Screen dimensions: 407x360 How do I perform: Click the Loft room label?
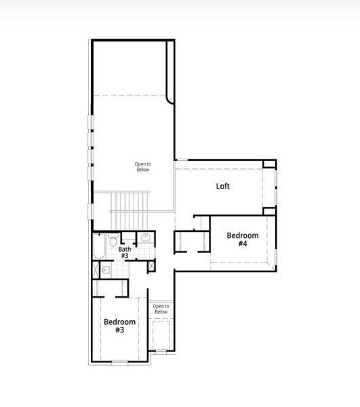tap(223, 186)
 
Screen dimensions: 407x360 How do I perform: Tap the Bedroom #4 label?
tap(243, 239)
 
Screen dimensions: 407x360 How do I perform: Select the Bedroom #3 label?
tap(119, 326)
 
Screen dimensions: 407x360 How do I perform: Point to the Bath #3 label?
tap(125, 252)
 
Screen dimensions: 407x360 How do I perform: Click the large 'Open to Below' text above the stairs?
tap(142, 166)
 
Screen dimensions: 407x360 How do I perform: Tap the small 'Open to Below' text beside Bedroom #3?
tap(161, 309)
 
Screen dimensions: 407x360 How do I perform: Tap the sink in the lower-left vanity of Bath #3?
tap(105, 269)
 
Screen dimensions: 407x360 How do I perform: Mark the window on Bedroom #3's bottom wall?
tap(119, 362)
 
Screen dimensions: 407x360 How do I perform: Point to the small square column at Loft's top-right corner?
tap(269, 164)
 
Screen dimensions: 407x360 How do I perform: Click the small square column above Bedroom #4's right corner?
tap(269, 210)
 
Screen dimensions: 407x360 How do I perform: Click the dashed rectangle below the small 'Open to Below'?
tap(161, 334)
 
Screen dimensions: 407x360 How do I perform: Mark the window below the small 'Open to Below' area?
tap(161, 351)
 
